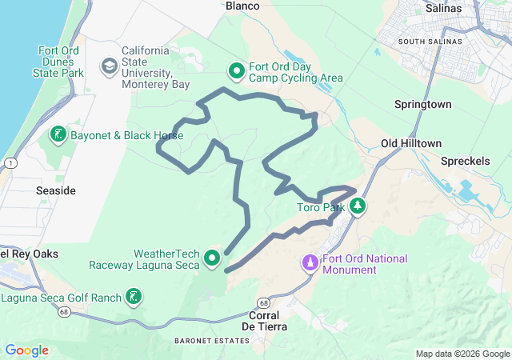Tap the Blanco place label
(x=243, y=6)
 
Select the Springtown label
(x=423, y=105)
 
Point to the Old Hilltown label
(x=410, y=143)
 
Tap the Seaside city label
(x=56, y=190)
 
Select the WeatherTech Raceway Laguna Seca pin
(x=212, y=258)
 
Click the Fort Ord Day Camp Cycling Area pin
(x=237, y=71)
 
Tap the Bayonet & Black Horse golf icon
(x=58, y=134)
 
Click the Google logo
(x=26, y=350)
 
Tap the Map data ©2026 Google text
(x=461, y=354)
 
